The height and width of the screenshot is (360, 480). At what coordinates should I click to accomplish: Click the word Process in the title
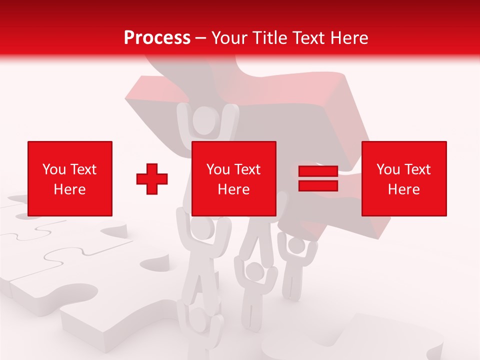(x=157, y=38)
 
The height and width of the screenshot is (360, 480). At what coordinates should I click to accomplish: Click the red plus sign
(x=152, y=179)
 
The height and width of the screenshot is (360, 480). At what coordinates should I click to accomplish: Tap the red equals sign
(x=318, y=178)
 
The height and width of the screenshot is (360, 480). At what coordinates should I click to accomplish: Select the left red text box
(x=70, y=178)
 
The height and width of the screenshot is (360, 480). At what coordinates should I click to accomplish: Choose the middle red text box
(x=234, y=178)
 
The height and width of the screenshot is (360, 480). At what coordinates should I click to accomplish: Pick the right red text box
(x=404, y=178)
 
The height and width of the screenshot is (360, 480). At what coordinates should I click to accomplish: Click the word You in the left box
(x=54, y=169)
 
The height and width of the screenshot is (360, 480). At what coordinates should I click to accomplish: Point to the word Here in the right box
(x=404, y=189)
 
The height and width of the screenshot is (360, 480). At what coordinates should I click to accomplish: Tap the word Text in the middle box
(x=247, y=169)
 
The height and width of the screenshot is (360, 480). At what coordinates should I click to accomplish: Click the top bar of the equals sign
(x=318, y=171)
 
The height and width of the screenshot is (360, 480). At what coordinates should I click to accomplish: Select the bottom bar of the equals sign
(x=318, y=185)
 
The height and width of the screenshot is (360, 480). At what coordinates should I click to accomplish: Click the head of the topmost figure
(x=203, y=120)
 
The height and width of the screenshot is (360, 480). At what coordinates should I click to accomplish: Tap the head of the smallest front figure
(x=255, y=272)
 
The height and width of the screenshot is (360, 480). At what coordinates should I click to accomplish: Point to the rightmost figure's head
(x=296, y=245)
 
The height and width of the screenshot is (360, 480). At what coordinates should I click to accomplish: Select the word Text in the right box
(x=417, y=169)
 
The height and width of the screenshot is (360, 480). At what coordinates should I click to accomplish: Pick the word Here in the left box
(x=70, y=189)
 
